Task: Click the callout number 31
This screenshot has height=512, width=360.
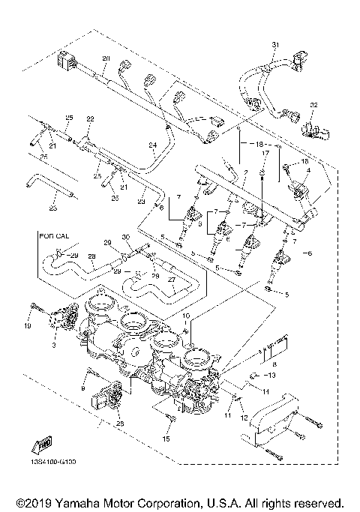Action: pos(274,46)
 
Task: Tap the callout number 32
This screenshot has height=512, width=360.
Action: pos(314,105)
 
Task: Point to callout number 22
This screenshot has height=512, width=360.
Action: pos(90,119)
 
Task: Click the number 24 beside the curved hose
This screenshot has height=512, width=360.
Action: pos(151,145)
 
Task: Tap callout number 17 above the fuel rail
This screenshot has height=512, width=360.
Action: pos(263,153)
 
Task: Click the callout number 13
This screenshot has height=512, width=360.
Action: pos(271,375)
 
